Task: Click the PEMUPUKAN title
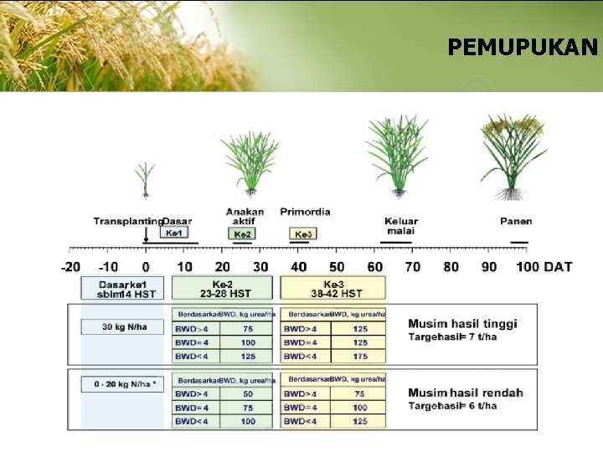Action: coord(523,47)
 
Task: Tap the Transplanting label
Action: coord(127,221)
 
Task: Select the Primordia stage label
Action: coord(305,212)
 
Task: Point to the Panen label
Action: coord(516,221)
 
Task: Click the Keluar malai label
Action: coord(401,226)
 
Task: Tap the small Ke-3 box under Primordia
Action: coord(303,234)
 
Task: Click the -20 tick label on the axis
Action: coord(71,267)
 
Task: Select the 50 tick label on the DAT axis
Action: coord(336,267)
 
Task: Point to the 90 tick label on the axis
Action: coord(489,267)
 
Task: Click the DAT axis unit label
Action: coord(558,267)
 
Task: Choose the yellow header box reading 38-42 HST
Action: coord(333,289)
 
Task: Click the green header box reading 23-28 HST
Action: coord(222,289)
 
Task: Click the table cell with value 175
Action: coord(360,357)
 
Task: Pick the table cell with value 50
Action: coord(248,393)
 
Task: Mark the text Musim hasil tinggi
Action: coord(462,324)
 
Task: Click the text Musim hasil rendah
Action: coord(466,393)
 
